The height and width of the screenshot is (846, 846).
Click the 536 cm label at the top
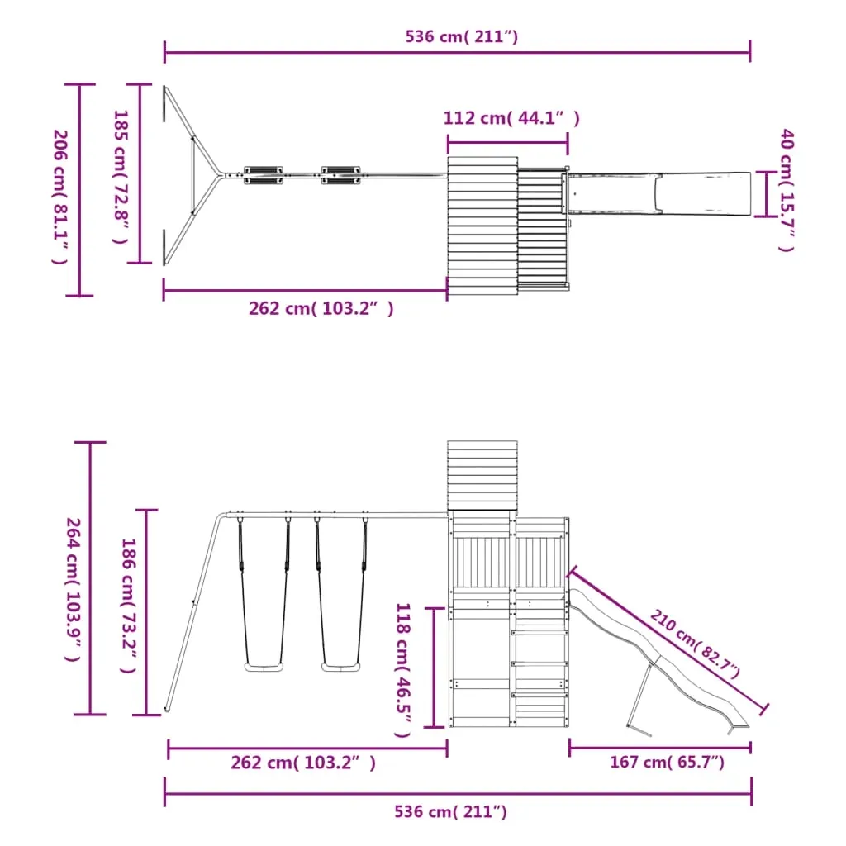click(461, 36)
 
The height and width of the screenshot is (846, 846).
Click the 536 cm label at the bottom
click(450, 811)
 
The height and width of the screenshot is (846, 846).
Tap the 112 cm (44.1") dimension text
click(511, 118)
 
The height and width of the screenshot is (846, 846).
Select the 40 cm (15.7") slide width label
click(787, 190)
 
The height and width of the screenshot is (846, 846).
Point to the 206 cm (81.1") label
click(59, 197)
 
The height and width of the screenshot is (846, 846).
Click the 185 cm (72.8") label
click(121, 177)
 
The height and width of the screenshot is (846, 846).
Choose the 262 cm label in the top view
click(321, 309)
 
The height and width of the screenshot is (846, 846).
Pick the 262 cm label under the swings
click(303, 763)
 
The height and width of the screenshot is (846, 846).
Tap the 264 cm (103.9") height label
click(73, 590)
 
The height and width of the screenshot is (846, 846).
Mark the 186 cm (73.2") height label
click(128, 606)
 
